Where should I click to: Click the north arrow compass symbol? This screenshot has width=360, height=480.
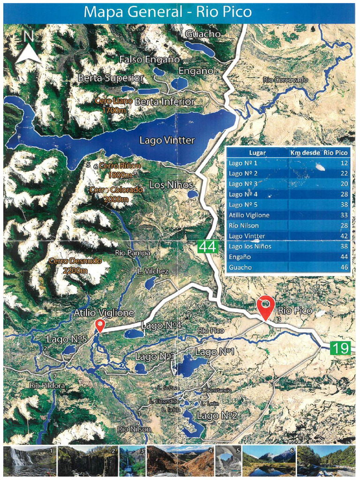click(28, 48)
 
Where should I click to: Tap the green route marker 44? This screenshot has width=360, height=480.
click(207, 246)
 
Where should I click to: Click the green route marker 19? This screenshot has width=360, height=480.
click(340, 348)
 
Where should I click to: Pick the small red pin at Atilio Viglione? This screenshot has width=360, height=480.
click(99, 325)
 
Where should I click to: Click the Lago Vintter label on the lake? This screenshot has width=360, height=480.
click(166, 140)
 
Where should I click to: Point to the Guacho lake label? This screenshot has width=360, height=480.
click(202, 34)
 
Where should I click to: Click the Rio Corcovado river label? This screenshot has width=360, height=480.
click(285, 80)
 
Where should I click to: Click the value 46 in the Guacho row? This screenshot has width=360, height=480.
click(343, 267)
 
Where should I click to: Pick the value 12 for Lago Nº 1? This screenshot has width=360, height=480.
click(344, 163)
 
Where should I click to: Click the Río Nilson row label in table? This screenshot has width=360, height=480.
click(243, 225)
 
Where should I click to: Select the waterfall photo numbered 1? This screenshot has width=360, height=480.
click(29, 461)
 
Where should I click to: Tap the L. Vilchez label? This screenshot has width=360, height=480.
click(153, 271)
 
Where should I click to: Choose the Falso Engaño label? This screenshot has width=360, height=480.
click(150, 60)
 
